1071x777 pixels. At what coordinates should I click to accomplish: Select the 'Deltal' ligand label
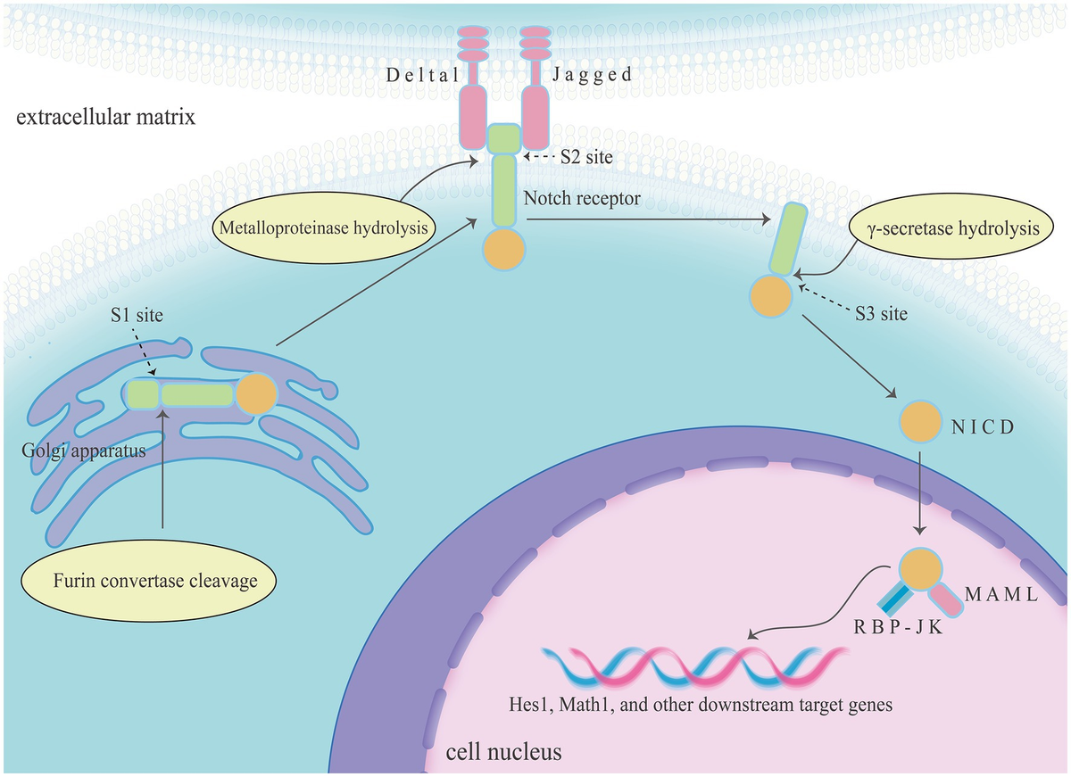422,75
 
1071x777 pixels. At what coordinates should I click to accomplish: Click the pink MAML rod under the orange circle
945,601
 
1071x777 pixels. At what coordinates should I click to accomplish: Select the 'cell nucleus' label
503,751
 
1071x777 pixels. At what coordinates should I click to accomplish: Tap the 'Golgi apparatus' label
83,450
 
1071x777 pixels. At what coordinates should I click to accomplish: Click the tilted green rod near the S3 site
784,239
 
